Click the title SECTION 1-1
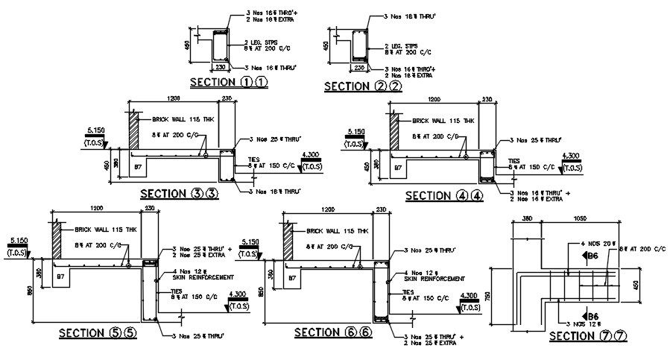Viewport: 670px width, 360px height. coord(228,82)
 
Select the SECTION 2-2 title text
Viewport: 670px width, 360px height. coord(363,86)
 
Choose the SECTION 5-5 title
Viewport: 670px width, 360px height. coord(98,332)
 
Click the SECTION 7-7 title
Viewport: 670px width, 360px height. coord(588,336)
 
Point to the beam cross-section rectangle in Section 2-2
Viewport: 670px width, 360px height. coord(359,46)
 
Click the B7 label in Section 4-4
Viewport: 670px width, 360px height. coord(396,168)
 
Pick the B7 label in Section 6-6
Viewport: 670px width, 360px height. coord(292,277)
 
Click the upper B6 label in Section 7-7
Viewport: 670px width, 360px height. coord(593,256)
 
